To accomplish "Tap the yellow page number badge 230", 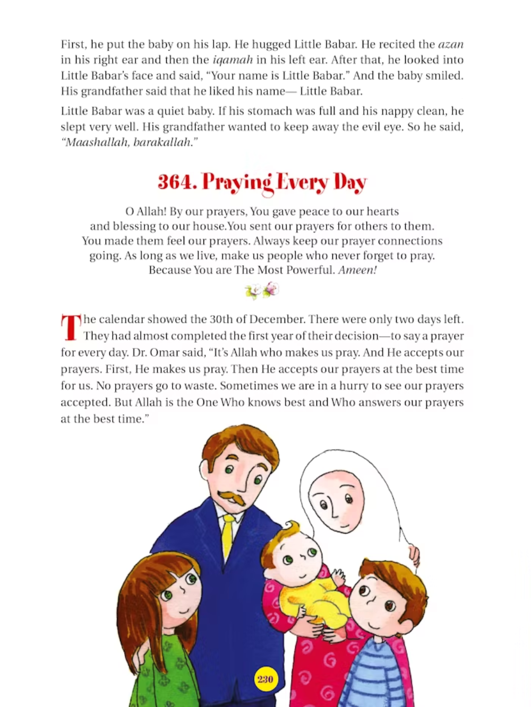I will (265, 679).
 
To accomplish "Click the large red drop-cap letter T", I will (71, 327).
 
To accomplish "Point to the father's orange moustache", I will (233, 497).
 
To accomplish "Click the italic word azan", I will (450, 44).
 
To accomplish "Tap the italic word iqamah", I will (233, 60).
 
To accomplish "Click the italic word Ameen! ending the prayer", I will (357, 270).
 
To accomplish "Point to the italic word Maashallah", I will (96, 143).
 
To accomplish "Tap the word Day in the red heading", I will (350, 182).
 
